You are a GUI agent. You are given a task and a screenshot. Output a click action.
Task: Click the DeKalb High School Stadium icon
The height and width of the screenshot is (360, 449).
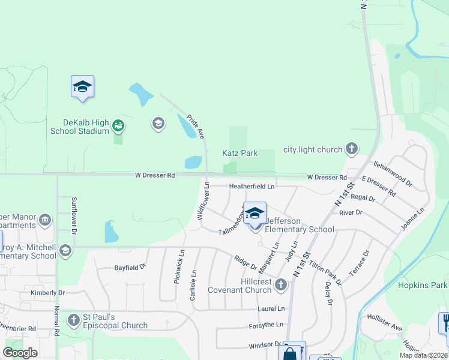tap(119, 125)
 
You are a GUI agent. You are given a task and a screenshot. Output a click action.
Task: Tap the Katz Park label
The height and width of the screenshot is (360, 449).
tap(240, 153)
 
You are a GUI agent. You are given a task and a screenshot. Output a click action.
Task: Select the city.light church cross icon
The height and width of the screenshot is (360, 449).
tap(352, 149)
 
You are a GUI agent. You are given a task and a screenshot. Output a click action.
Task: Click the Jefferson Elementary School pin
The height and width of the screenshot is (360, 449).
tap(255, 214)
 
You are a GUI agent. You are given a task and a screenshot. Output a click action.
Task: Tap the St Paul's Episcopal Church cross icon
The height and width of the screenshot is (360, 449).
tap(74, 319)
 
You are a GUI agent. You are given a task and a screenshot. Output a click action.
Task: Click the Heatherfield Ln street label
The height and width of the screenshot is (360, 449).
tap(252, 187)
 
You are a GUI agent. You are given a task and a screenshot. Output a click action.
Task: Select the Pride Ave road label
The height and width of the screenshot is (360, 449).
tap(196, 126)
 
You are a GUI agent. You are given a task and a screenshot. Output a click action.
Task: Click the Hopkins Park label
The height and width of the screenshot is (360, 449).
tap(423, 285)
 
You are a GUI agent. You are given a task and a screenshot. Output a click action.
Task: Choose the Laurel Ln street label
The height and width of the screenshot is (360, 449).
tap(271, 308)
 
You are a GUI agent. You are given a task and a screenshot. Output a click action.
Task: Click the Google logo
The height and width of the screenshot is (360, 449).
tap(20, 353)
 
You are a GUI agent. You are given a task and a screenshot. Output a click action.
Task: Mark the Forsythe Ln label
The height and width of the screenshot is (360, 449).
tap(266, 325)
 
